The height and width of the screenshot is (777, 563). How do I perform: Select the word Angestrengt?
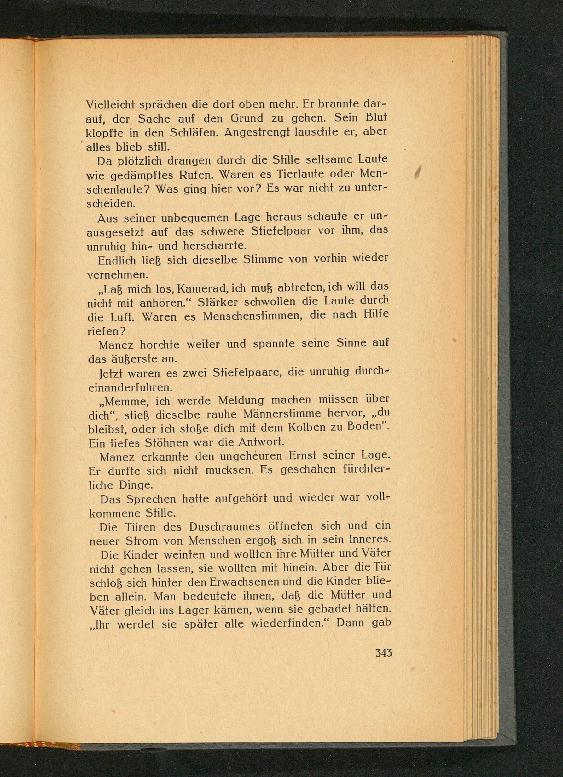click(258, 133)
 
